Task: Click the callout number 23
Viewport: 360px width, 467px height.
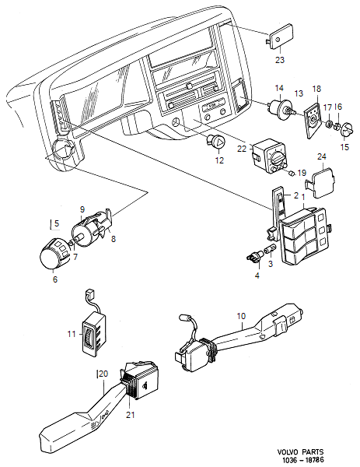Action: click(x=279, y=58)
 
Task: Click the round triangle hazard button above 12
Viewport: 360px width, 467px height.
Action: click(x=218, y=142)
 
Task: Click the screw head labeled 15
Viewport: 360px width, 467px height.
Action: click(x=347, y=127)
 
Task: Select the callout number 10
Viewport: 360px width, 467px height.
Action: click(x=241, y=316)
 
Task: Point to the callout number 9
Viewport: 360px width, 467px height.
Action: click(x=82, y=209)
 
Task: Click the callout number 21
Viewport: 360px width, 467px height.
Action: click(x=131, y=414)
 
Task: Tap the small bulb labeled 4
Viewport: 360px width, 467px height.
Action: click(x=252, y=255)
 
